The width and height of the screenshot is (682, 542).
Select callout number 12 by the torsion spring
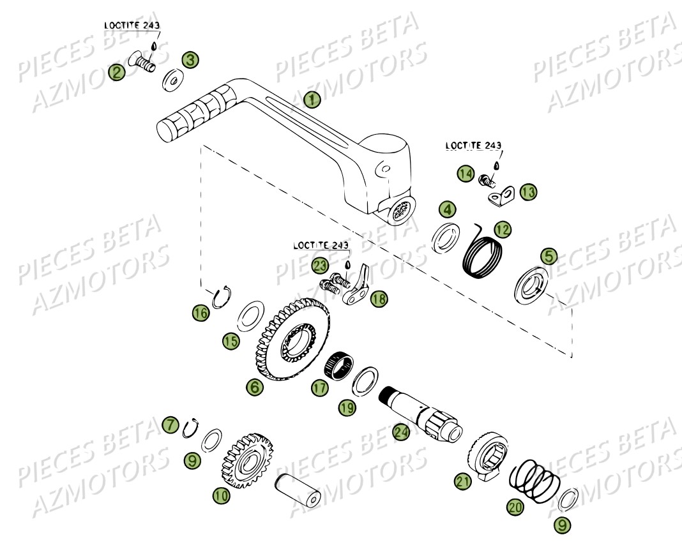[x=503, y=228]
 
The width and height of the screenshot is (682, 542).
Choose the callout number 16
[x=201, y=312]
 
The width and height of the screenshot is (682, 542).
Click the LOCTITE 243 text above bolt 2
[x=133, y=25]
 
